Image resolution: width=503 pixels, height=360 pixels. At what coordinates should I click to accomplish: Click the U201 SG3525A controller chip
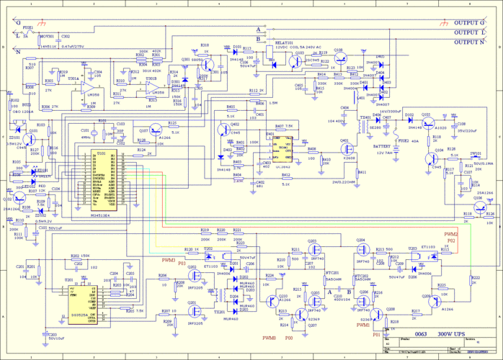(84, 302)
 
